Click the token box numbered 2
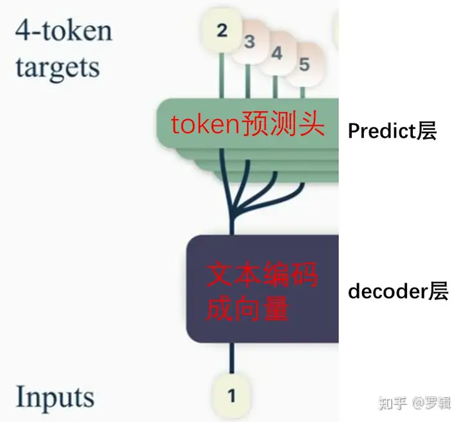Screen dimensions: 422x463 [x=222, y=31]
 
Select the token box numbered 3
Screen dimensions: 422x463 [x=250, y=42]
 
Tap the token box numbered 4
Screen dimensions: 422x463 [x=277, y=53]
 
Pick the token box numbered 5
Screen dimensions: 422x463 [x=304, y=64]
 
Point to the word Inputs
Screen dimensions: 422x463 [x=55, y=397]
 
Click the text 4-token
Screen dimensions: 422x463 [x=63, y=30]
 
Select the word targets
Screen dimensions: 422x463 [x=58, y=67]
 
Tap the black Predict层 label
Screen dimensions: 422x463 [x=392, y=131]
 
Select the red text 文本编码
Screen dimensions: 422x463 [x=261, y=277]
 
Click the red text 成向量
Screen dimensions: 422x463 [x=247, y=309]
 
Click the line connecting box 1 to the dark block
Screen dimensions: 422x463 [x=232, y=360]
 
